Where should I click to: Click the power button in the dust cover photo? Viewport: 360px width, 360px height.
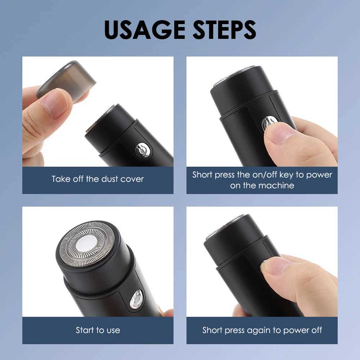coord(143,150)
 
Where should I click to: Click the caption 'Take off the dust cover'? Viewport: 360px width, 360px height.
coord(98,179)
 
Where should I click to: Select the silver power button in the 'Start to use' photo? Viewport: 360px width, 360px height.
coord(136,299)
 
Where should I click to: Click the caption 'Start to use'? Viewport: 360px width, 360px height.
coord(98,330)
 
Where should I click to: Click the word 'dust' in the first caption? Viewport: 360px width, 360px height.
coord(110,179)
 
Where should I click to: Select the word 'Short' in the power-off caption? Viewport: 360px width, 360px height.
coord(213,330)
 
